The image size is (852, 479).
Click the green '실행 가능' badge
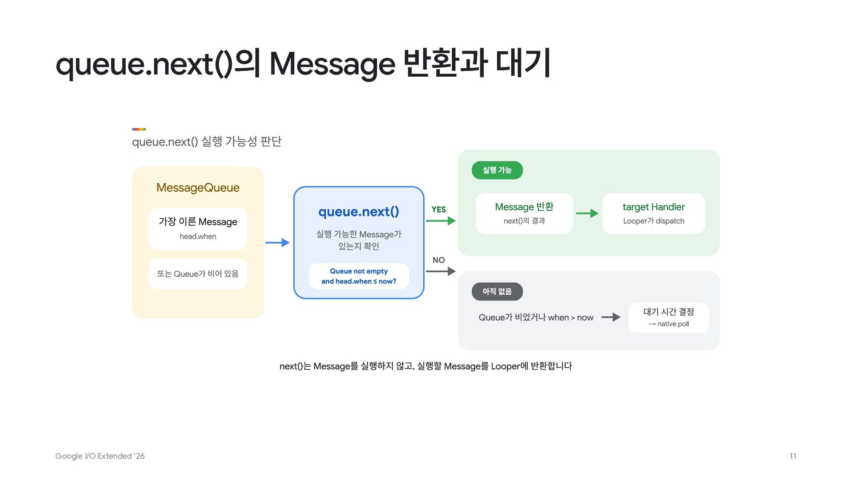497,170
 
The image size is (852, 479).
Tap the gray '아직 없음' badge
497,291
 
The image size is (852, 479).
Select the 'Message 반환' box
524,213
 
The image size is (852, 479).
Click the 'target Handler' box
654,213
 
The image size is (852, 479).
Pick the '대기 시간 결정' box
669,318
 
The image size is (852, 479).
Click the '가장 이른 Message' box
198,229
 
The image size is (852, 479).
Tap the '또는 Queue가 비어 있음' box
198,274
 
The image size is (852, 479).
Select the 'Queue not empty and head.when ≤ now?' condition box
359,276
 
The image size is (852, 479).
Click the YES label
438,209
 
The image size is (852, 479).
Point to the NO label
438,260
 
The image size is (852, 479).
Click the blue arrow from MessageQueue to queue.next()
277,243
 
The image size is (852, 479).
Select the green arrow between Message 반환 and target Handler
587,213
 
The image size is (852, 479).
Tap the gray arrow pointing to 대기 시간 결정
611,317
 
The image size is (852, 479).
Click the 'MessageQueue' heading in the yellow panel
198,188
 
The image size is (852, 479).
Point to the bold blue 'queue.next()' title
359,212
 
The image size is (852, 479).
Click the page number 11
793,456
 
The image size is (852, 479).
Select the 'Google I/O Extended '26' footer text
100,456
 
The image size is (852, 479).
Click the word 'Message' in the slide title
332,64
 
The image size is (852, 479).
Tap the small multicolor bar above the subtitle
139,129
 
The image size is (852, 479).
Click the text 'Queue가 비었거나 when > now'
536,317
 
